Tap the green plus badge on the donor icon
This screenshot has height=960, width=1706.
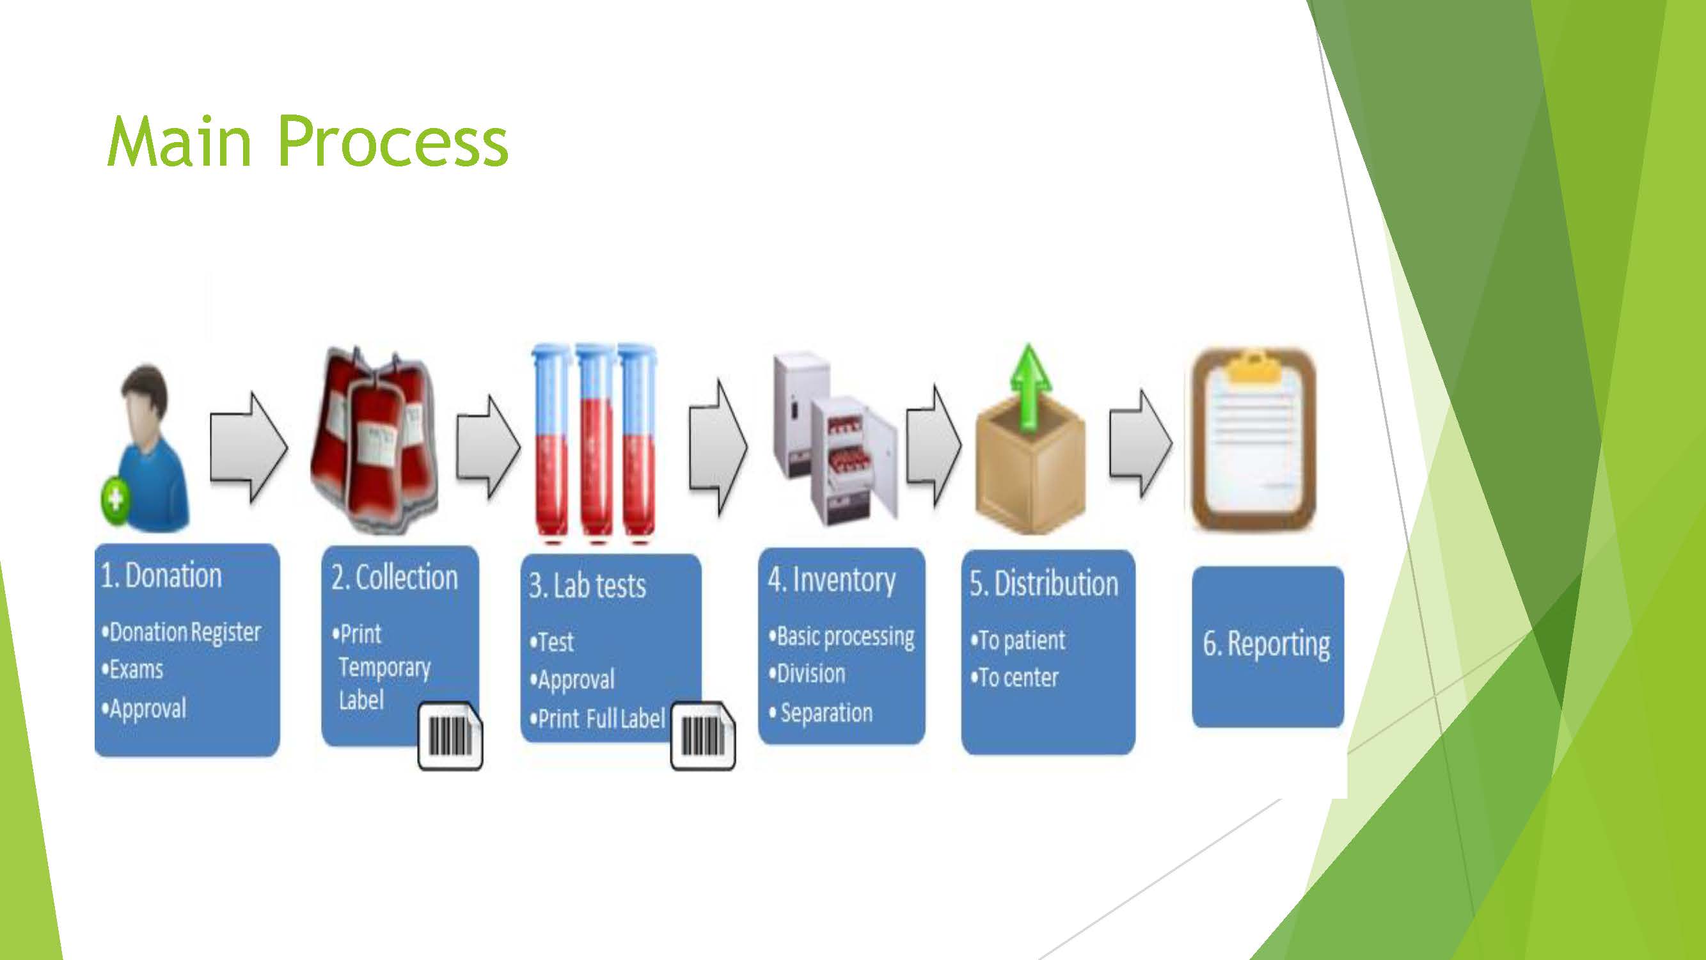click(x=115, y=497)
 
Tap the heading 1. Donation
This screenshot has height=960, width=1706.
click(x=161, y=575)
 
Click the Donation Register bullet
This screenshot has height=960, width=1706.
click(x=182, y=632)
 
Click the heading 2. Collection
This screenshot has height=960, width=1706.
click(x=395, y=577)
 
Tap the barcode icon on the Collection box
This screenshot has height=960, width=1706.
click(x=450, y=736)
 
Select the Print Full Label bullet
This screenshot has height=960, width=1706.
click(x=597, y=719)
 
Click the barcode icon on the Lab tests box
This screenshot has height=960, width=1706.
click(x=702, y=736)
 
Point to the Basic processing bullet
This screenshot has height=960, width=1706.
click(x=842, y=637)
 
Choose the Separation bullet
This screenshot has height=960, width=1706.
click(x=821, y=714)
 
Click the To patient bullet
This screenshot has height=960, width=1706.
click(x=1018, y=641)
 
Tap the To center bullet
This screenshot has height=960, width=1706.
click(x=1015, y=678)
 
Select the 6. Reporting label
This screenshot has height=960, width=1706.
click(x=1267, y=644)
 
